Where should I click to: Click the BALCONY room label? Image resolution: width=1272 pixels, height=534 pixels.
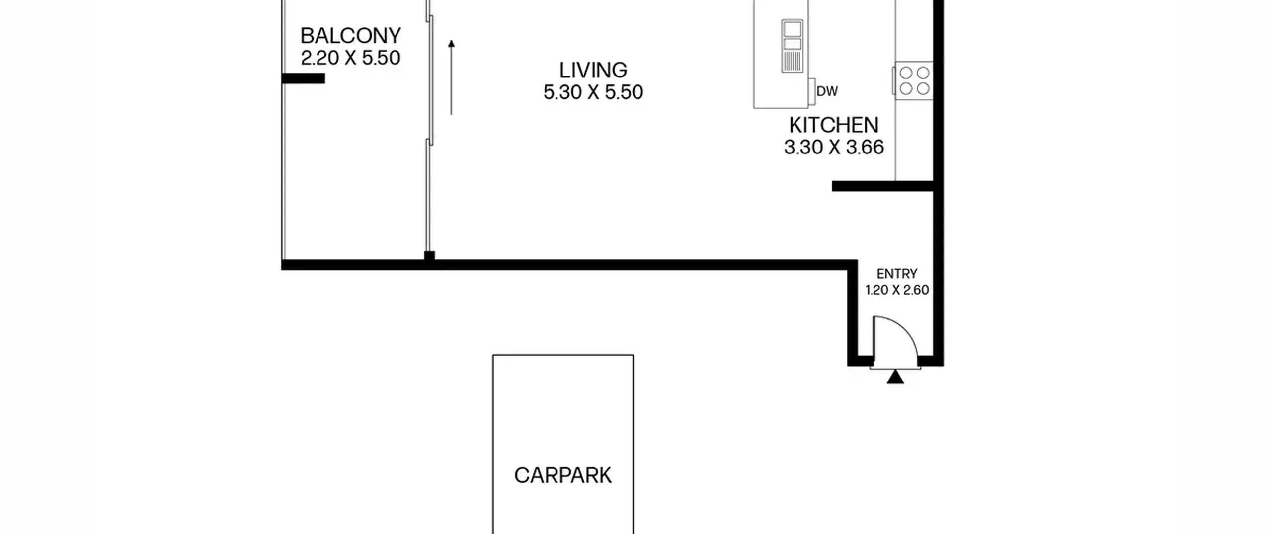tap(350, 36)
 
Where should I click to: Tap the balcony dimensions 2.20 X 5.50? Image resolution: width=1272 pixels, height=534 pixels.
tap(350, 58)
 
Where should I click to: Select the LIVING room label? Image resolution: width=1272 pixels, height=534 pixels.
tap(593, 70)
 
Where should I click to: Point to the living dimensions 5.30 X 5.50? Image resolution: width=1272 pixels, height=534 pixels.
tap(593, 92)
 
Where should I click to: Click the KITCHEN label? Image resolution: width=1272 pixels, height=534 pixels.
tap(834, 125)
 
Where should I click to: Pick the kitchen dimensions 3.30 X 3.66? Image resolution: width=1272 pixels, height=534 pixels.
tap(834, 148)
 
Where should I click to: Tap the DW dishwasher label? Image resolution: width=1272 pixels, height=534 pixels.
tap(827, 91)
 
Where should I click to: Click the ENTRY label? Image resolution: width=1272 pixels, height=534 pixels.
tap(897, 274)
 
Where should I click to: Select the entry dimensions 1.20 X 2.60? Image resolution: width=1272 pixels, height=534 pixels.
tap(897, 290)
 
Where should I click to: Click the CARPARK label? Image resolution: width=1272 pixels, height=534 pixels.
tap(562, 476)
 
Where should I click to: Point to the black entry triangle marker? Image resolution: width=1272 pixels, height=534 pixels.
tap(895, 377)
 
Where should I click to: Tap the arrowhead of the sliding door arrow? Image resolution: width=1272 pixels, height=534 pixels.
tap(451, 44)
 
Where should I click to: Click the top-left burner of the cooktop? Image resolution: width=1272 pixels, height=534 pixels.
tap(906, 73)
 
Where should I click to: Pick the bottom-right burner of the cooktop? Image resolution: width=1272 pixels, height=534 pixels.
tap(923, 89)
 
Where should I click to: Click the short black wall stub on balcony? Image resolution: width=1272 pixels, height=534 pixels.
tap(303, 78)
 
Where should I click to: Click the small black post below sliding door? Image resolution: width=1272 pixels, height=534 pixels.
tap(429, 256)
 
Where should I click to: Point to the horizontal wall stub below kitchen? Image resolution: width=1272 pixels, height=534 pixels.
tap(883, 186)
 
